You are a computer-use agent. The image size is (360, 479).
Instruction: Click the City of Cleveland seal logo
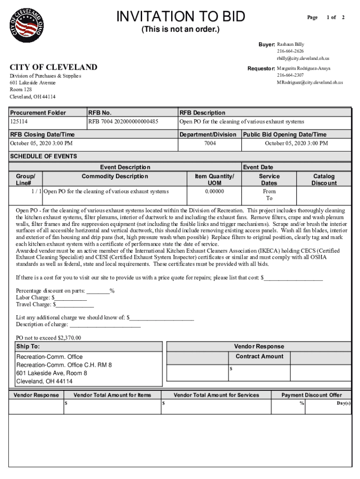tap(27, 24)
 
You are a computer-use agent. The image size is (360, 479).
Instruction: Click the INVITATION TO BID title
tap(180, 17)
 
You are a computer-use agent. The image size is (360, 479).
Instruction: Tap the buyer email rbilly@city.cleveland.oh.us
tap(303, 58)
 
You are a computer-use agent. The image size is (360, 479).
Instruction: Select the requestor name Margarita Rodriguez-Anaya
tap(303, 68)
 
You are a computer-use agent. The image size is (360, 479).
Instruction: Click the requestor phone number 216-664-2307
tap(290, 75)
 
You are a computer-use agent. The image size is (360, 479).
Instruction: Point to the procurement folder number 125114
tap(19, 122)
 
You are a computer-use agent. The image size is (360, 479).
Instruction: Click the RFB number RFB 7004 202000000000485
tap(123, 122)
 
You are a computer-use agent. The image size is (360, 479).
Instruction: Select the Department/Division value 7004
tap(210, 143)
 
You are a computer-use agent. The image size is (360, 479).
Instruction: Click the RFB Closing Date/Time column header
tap(43, 135)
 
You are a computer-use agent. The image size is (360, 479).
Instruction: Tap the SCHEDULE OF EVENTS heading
tap(43, 156)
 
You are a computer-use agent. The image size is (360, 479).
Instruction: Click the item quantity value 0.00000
tap(215, 191)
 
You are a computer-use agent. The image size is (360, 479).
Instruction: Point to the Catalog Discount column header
tap(324, 180)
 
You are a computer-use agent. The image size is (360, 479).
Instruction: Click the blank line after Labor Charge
tap(71, 298)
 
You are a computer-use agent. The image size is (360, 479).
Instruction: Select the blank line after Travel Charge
tap(75, 305)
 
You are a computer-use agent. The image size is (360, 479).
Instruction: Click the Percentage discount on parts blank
tap(98, 291)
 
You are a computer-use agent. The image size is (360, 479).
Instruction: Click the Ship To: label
tap(28, 347)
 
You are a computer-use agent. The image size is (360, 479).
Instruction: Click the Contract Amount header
tap(259, 356)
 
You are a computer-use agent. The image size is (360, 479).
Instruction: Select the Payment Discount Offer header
tap(311, 395)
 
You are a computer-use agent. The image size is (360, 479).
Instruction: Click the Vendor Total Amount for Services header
tap(216, 395)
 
